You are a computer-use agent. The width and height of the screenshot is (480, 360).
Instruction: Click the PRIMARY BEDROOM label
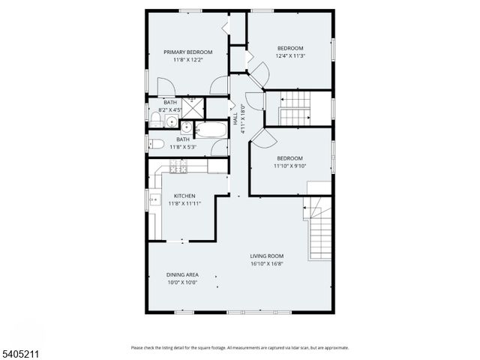188,52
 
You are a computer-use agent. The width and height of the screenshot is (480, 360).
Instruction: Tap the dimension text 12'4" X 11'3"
290,55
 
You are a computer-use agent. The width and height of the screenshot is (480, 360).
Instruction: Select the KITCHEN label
184,196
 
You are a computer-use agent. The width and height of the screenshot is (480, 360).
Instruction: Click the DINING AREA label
182,275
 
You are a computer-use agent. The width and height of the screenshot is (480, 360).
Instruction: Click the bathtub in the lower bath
211,130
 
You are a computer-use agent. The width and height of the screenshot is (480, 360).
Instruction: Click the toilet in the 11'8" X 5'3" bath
157,145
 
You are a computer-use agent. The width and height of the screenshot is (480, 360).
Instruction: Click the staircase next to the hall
295,107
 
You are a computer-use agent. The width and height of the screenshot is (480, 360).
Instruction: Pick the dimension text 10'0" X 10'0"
182,283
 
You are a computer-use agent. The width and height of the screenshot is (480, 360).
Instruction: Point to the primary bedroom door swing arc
218,85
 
